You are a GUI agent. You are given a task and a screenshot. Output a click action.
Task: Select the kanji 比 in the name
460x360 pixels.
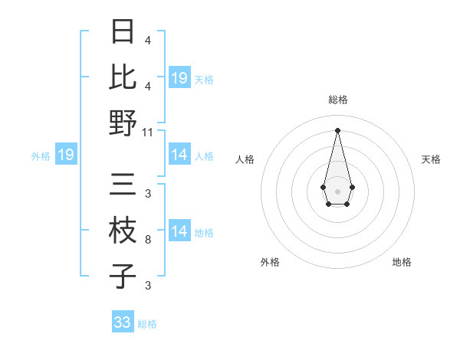point(123,77)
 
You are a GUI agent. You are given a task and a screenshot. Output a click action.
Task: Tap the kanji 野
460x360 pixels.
point(123,122)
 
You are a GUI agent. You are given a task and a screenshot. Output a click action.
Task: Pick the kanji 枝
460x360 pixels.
point(123,231)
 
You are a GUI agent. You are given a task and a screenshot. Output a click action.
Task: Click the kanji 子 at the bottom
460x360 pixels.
point(123,276)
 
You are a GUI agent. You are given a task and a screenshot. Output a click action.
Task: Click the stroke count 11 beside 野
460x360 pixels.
point(148,132)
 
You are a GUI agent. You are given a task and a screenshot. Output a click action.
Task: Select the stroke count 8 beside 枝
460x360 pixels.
point(147,240)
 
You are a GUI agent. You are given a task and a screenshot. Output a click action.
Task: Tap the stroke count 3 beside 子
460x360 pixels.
point(147,286)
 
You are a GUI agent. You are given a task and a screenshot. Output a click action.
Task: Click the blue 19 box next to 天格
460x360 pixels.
point(179,78)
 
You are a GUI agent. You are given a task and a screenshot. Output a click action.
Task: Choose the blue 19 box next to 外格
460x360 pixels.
point(65,155)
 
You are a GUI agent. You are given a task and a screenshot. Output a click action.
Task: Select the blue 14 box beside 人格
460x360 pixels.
point(179,155)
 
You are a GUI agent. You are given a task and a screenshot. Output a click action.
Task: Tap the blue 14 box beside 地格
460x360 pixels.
point(179,231)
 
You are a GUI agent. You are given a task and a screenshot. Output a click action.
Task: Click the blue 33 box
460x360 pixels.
point(123,322)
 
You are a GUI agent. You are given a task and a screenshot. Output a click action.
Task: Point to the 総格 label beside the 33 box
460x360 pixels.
point(147,324)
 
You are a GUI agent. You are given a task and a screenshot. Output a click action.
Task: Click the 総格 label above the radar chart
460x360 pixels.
point(337,100)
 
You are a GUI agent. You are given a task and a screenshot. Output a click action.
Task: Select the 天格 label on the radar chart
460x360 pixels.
point(432,159)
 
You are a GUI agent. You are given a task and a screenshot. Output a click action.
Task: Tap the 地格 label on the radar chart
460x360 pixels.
point(402,262)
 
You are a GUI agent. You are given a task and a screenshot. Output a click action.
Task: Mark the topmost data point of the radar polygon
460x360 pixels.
point(337,129)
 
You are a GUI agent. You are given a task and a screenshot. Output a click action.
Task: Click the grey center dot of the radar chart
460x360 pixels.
point(337,190)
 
